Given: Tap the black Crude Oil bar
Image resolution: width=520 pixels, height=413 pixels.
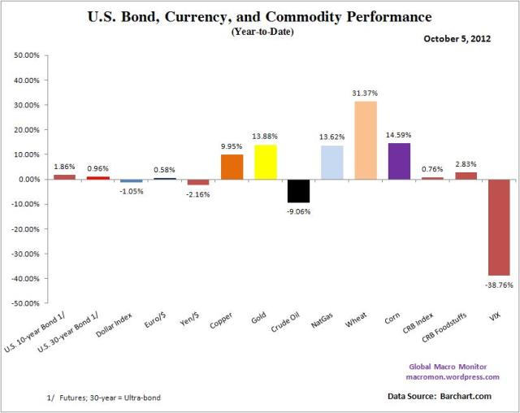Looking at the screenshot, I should tap(298, 190).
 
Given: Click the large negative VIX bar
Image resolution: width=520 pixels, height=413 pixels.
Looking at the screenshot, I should tap(498, 227).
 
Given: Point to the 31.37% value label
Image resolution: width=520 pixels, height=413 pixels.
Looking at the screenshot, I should tap(365, 94).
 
